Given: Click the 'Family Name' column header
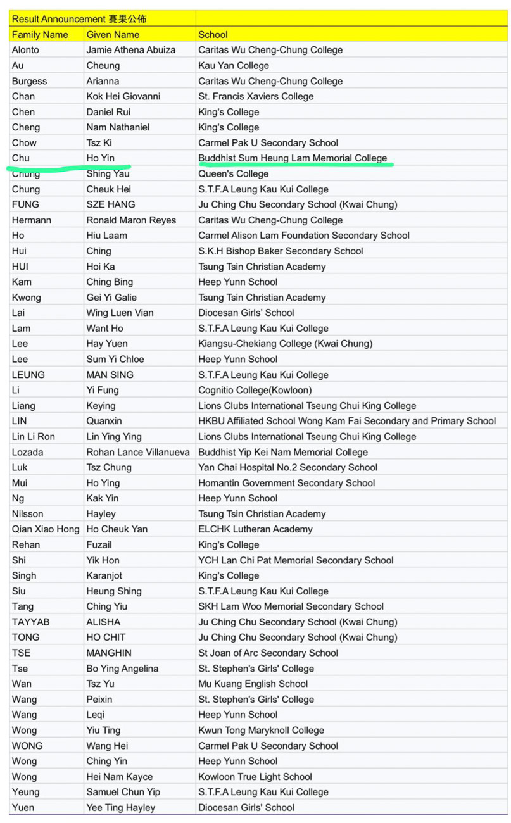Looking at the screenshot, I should pos(40,35).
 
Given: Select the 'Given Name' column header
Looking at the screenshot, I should pos(113,35).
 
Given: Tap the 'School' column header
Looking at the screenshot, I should pos(213,35).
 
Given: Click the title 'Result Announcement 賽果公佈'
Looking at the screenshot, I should pos(79,19).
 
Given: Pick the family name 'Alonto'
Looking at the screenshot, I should pos(25,50).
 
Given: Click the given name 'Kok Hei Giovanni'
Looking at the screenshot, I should pos(123,96).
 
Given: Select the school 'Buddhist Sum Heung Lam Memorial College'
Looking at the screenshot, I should pos(293,158).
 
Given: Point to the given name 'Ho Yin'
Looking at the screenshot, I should pos(101,158).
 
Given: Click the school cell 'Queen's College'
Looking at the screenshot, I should pos(234,173).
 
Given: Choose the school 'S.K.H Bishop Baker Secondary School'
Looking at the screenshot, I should pos(281,251).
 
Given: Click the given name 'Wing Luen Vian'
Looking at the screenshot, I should pos(120,313).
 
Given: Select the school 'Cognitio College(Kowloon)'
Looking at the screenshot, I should pos(255,390).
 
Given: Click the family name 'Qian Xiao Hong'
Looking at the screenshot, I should pos(46,529).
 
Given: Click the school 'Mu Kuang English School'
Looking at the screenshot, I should pos(253,684).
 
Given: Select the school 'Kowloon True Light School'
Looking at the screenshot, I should pos(255,777).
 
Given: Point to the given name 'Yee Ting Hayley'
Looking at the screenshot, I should pos(121,807).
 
